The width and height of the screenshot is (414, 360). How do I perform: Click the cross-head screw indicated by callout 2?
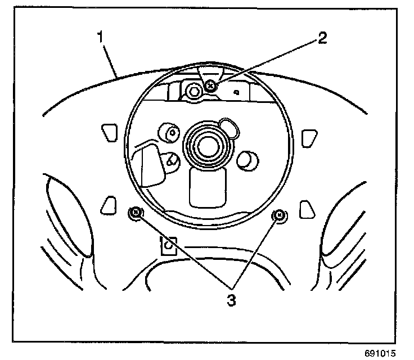click(x=210, y=85)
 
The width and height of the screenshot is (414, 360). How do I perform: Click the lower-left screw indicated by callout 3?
click(x=135, y=213)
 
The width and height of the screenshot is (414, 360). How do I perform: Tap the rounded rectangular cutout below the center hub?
click(x=208, y=186)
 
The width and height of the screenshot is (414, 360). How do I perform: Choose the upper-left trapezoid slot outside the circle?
click(x=107, y=133)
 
